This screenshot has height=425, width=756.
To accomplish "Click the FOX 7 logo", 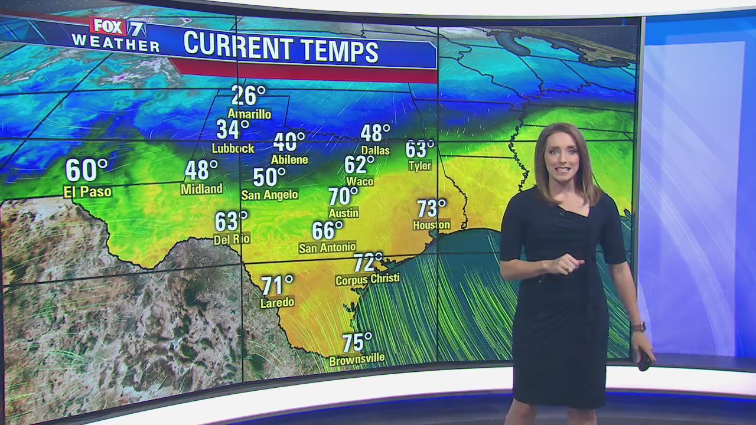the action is [118, 27].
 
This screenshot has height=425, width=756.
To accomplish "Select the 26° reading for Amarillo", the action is [248, 95].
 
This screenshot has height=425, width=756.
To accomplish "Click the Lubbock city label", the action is [233, 148].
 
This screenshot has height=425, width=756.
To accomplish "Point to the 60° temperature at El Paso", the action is [86, 171].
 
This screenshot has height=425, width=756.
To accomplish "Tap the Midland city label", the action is [201, 189].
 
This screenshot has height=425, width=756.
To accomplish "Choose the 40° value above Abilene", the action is [289, 142].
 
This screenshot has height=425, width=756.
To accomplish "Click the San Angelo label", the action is [269, 195].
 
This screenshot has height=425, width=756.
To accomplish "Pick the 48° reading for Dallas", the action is [375, 133].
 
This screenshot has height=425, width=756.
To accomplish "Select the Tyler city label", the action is [420, 166].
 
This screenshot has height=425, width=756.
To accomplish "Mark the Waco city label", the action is [360, 181].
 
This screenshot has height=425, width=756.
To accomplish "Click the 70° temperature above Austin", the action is [343, 195].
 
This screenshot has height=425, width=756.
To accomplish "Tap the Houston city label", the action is [431, 225].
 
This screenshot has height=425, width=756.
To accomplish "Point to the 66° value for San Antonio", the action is [327, 230].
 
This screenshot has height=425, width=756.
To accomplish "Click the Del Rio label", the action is [232, 238].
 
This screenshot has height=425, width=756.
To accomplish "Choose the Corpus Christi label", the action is [367, 279].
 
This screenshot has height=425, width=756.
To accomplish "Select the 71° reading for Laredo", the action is [277, 286].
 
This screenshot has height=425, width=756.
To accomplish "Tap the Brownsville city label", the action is [357, 359].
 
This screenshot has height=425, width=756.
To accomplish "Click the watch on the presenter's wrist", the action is [638, 326].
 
